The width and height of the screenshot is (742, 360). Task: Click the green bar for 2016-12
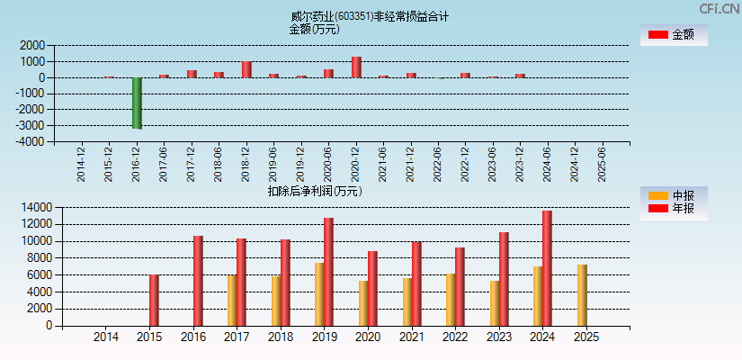coord(137,103)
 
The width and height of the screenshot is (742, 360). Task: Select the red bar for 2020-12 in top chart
coord(356,67)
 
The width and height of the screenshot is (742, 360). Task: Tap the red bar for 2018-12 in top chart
coord(246,69)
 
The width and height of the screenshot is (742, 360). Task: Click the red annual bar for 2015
coord(154,301)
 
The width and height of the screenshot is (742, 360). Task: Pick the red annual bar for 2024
coord(547,268)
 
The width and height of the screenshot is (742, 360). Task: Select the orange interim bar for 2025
coord(582,295)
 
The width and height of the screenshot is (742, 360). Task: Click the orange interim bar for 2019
coord(319,294)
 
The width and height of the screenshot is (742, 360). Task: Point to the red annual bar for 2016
coord(198,281)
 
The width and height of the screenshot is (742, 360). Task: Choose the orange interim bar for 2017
coord(232,301)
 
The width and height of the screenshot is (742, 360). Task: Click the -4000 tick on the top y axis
coord(31,141)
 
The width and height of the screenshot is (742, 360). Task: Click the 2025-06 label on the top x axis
coord(602,164)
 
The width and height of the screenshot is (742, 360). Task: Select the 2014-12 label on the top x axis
coord(82,164)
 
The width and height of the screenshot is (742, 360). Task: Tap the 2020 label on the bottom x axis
coord(366,337)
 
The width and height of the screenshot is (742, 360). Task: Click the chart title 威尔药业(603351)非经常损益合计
coord(370,16)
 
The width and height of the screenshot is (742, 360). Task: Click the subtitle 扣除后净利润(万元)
coord(314,191)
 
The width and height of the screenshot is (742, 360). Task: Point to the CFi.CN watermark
coord(719,8)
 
